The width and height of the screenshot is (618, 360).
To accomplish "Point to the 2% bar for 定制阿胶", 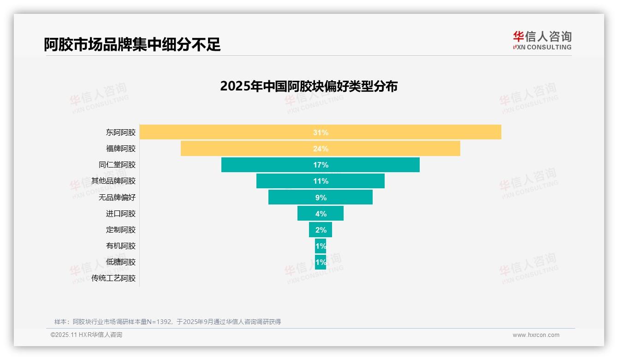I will pos(321,230).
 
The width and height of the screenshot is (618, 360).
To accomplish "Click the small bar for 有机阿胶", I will pos(321,246).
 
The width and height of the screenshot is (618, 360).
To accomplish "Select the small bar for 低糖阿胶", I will pos(321,262).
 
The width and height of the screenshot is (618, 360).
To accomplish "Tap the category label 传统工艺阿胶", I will pos(113,278).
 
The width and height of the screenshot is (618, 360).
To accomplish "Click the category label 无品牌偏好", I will pos(117,198).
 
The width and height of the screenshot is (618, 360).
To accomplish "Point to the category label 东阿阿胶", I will pos(121,132).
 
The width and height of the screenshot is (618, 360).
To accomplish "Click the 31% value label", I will pos(321,132).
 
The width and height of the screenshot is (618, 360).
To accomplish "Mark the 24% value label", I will pos(321,149).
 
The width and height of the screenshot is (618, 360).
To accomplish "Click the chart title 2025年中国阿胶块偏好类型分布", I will pos(309,86).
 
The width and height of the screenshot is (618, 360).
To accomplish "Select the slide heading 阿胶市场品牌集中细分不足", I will pos(132,44).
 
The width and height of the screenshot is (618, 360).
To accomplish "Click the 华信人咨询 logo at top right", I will pos(542,40).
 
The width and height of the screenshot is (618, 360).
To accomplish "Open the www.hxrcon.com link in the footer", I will pos(536,335).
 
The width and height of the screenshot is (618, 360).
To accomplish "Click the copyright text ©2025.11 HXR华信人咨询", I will pos(86,335).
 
